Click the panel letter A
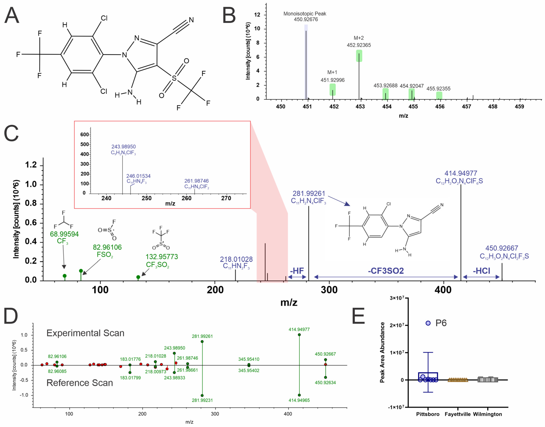[12, 16]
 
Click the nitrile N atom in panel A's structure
[191, 20]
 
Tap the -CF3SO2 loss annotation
[386, 271]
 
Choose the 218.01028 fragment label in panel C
[236, 259]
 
